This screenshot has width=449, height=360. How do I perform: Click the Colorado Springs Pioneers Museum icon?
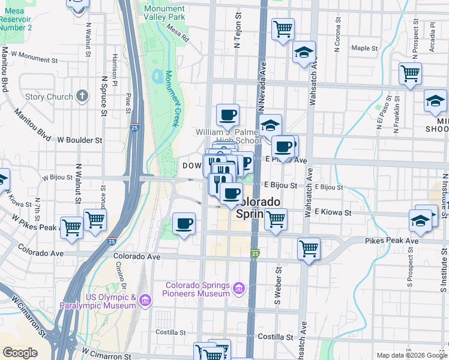239,289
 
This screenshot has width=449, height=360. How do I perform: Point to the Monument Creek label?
172,98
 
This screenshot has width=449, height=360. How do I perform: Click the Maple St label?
364,48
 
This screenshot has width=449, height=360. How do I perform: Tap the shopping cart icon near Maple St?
282,28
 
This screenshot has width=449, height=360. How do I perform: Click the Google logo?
20,353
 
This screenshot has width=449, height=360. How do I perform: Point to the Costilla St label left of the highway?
170,332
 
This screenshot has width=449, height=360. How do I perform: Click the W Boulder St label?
80,140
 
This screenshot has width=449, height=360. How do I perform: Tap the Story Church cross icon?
82,96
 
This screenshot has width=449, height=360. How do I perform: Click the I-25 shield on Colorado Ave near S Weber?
255,254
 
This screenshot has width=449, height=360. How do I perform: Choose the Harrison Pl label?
113,67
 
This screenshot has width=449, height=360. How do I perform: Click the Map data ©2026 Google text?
411,355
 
